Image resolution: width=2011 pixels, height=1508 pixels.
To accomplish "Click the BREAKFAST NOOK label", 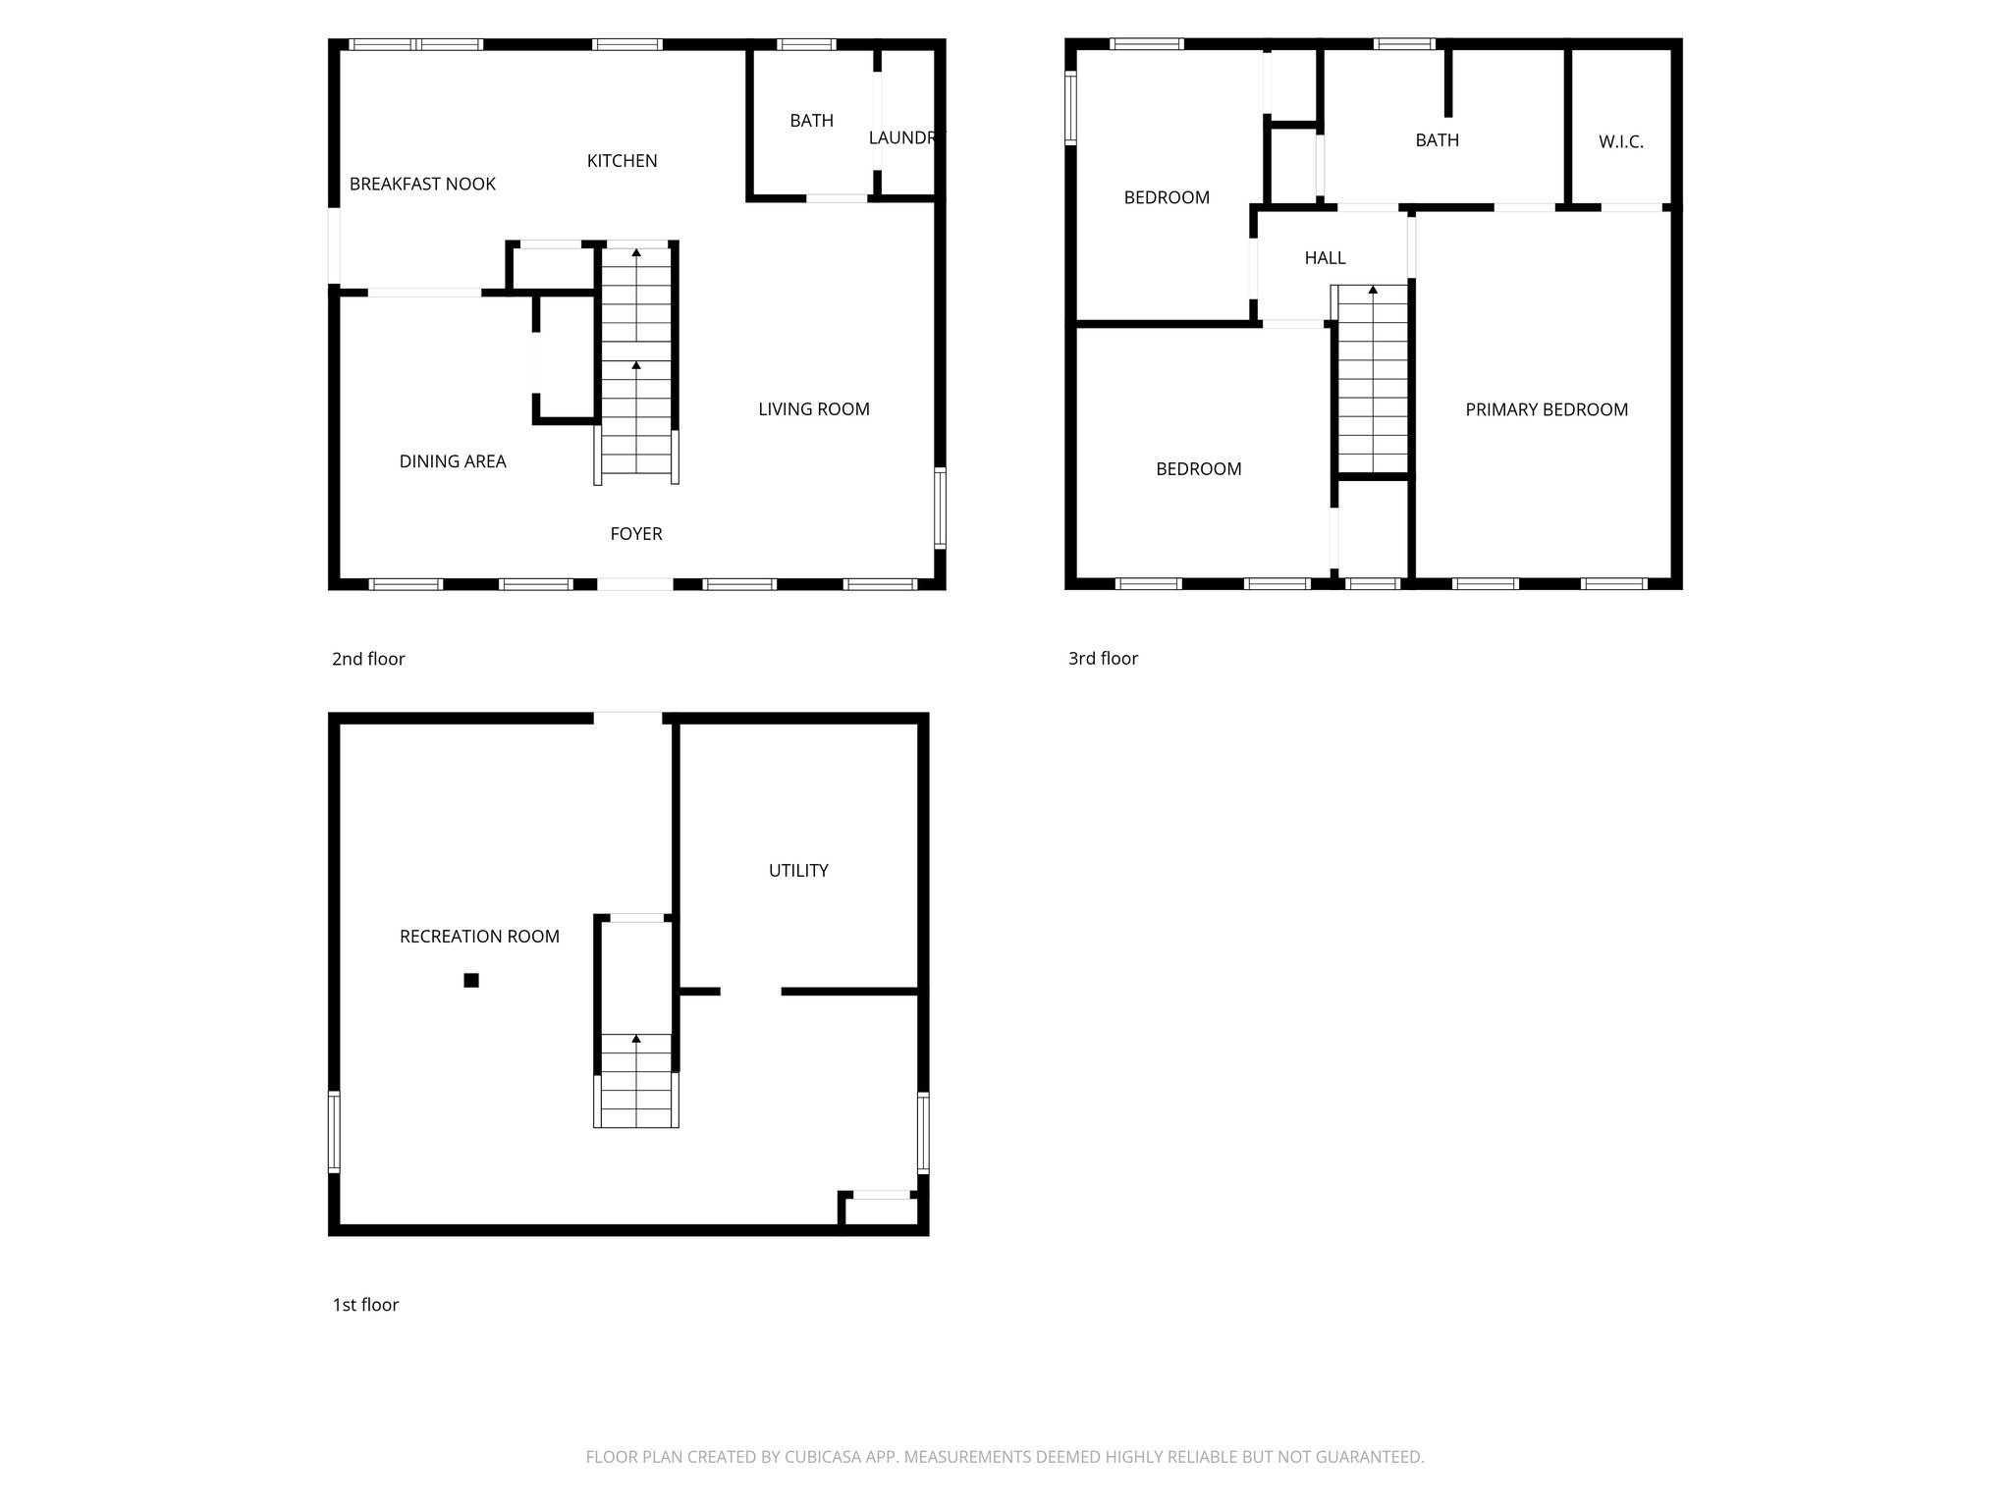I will [422, 185].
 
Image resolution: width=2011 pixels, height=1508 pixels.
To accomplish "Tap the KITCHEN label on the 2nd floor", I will [622, 161].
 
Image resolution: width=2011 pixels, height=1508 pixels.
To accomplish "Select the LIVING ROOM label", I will [813, 409].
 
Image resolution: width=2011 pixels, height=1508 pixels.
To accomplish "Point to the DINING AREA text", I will [453, 461].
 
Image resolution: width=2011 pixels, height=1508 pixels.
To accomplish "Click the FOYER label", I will [636, 534].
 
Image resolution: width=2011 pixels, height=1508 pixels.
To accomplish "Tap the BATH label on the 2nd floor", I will [811, 121].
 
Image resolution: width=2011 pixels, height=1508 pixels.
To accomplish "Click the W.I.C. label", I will [1620, 142].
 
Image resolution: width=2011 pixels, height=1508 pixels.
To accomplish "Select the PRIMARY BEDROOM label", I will [1547, 410].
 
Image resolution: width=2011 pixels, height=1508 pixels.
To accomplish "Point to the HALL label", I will [1325, 258].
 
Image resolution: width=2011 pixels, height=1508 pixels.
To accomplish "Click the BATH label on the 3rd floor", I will [1437, 140].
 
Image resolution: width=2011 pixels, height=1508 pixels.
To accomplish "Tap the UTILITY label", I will [798, 871].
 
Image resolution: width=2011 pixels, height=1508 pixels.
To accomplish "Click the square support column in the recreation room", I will [471, 980].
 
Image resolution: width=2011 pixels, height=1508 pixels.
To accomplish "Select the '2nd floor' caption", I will [368, 660].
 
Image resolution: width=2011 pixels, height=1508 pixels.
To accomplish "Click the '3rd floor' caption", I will [1103, 659].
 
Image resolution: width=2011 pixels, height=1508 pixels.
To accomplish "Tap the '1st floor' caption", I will [365, 1305].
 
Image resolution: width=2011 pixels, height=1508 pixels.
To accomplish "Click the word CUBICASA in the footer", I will [823, 1457].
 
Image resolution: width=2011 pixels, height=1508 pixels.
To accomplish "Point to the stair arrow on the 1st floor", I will [636, 1039].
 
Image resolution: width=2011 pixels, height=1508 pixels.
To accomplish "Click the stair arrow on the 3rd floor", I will [1373, 290].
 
